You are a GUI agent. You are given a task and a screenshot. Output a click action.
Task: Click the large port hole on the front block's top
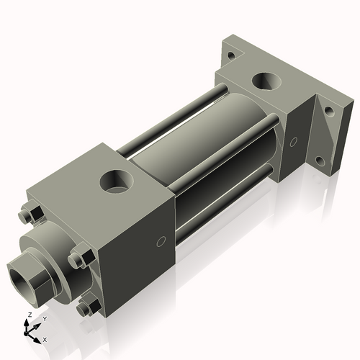(114, 180)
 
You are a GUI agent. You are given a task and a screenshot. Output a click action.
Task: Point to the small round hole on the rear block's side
(293, 141)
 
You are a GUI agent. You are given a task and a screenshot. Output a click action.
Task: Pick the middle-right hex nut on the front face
(80, 258)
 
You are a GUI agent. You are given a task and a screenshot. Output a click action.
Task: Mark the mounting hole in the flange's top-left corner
(230, 55)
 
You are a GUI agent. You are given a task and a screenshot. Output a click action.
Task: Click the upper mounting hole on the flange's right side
(328, 112)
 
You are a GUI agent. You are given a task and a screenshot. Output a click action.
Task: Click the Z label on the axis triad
(29, 315)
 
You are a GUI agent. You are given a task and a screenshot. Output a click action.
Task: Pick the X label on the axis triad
(45, 338)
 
